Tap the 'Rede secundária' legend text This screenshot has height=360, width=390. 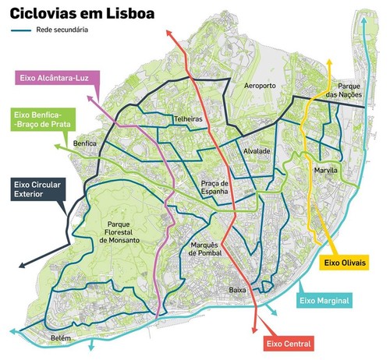click(x=63, y=30)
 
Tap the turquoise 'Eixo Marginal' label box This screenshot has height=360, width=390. click(x=329, y=300)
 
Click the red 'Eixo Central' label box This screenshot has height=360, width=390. click(x=289, y=343)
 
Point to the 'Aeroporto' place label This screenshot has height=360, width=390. click(x=261, y=85)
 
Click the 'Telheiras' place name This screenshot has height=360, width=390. click(x=188, y=121)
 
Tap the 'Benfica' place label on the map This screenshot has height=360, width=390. click(x=85, y=144)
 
